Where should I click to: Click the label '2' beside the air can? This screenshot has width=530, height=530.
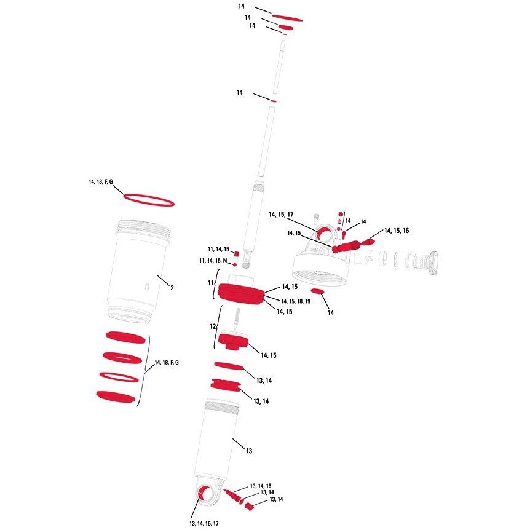tap(172, 288)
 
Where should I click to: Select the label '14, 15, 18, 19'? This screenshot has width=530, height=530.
tap(296, 301)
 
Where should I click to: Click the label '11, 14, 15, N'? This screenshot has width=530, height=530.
tap(213, 261)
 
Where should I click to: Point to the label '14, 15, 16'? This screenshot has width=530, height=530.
tap(397, 231)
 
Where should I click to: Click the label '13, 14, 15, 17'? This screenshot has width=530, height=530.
tap(204, 524)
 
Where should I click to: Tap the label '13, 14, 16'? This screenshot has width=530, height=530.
tap(261, 486)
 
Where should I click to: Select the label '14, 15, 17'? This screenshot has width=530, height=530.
tap(281, 215)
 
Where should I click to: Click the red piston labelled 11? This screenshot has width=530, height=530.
tap(240, 295)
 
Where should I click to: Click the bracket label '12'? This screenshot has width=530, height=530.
tap(213, 326)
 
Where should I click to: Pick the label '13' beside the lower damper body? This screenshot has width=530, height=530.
tap(249, 451)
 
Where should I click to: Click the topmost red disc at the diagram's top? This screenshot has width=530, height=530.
tap(287, 18)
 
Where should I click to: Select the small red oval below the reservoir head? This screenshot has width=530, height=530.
tap(317, 291)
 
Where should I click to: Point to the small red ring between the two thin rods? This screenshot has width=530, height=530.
tap(273, 101)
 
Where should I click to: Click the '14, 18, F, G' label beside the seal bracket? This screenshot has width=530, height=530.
tap(167, 362)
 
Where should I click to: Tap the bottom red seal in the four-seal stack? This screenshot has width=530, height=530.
tap(116, 396)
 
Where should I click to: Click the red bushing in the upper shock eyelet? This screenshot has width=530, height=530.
tap(324, 233)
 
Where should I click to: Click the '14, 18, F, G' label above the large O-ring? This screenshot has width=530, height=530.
tap(101, 182)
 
